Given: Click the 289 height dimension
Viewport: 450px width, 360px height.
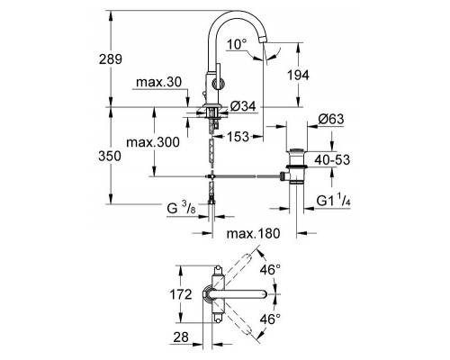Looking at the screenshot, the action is click(111, 59).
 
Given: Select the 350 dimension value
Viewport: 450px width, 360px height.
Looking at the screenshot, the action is click(110, 156).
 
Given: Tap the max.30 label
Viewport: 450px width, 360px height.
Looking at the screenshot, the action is click(158, 82).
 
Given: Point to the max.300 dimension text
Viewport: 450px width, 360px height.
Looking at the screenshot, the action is click(153, 142).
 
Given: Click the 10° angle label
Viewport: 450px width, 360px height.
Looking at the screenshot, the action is click(237, 44).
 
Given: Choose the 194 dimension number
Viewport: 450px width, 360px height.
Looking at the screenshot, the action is click(298, 75).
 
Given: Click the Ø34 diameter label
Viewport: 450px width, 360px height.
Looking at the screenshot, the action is click(243, 106).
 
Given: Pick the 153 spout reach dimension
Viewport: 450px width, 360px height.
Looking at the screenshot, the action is click(238, 137).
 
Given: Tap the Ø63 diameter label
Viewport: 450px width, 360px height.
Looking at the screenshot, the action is click(331, 119).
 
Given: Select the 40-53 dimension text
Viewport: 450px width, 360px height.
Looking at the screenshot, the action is click(332, 160).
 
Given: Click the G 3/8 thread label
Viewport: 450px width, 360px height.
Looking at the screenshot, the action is click(181, 208).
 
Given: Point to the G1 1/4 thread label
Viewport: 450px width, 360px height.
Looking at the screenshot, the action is click(333, 200).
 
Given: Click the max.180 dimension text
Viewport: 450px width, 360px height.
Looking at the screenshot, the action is click(253, 233).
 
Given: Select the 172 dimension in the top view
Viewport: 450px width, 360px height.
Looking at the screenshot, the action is click(181, 294).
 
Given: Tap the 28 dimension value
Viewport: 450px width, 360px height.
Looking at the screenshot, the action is click(181, 337).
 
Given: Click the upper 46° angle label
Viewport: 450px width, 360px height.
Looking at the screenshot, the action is click(270, 270).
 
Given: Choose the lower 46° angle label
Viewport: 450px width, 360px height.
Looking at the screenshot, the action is click(270, 319).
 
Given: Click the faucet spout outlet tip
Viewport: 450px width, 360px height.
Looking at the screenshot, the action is click(263, 39).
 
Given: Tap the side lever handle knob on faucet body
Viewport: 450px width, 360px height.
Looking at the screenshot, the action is click(217, 84).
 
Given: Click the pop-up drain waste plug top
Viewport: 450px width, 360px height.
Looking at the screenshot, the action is click(296, 150).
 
